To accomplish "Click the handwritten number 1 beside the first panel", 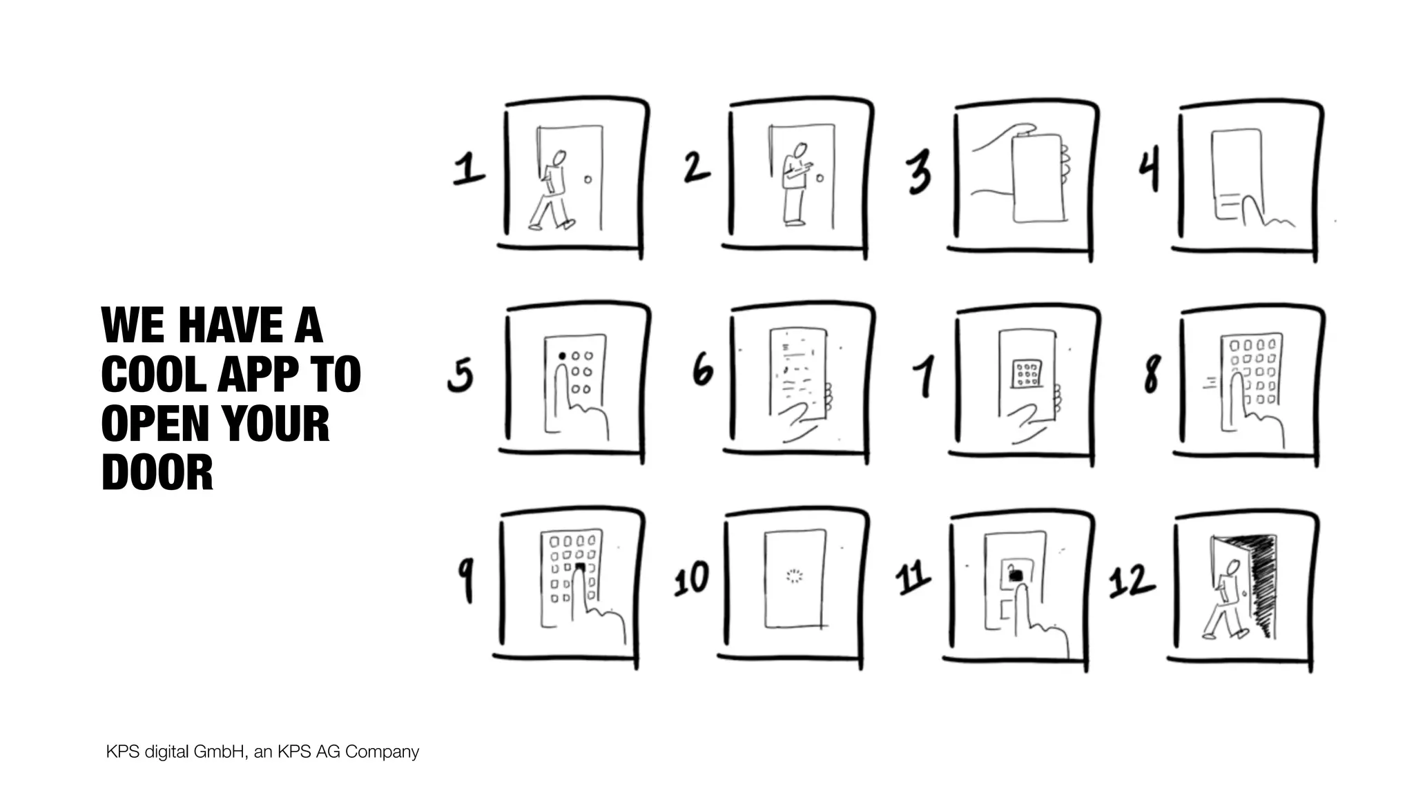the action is [468, 169].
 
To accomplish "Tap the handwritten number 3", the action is [920, 172].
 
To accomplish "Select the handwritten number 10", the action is [692, 578].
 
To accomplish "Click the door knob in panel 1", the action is [588, 179].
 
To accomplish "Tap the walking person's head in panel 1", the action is [559, 158].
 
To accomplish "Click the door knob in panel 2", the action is [820, 178].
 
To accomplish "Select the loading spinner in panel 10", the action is [795, 576].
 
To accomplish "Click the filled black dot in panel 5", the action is [562, 356].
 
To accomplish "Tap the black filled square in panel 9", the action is [580, 568].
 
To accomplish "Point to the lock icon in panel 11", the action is [1015, 573].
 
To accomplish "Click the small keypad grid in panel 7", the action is [1027, 373].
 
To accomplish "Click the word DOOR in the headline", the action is [157, 472].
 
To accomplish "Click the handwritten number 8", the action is [1152, 373].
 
